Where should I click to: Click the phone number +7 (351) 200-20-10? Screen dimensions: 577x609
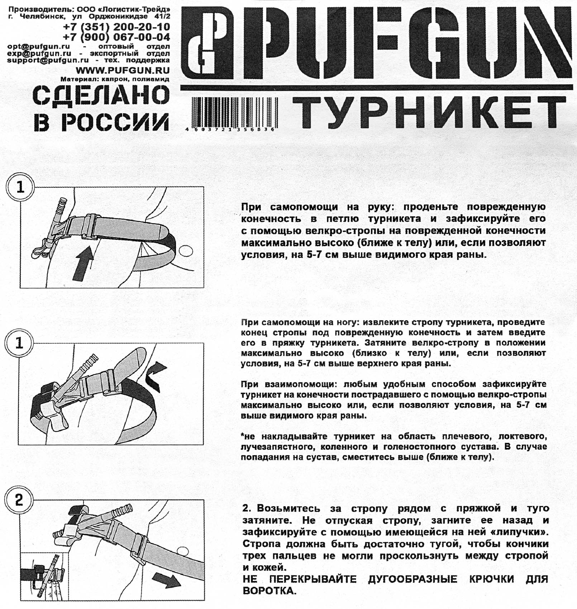pos(116,27)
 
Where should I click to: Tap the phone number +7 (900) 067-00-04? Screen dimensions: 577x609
pos(116,37)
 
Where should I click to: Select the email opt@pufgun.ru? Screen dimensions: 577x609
pos(38,47)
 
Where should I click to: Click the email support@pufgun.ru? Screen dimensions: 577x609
pos(48,60)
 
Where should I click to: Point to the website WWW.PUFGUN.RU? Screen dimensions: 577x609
pos(123,70)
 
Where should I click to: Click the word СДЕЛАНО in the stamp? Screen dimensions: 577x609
pos(101,95)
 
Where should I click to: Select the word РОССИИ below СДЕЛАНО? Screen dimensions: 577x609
pos(114,122)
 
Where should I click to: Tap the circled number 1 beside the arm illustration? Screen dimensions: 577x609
pos(20,187)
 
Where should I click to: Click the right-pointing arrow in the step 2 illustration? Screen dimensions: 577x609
pos(166,580)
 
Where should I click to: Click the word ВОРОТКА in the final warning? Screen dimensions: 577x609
pos(270,591)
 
